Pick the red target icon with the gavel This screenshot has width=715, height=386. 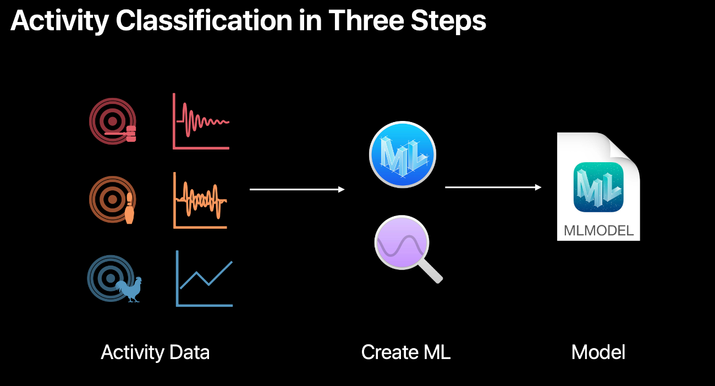coord(113,122)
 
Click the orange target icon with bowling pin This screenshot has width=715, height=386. coord(113,199)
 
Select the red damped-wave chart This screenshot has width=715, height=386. coord(201,121)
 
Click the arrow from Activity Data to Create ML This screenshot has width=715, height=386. coord(297,189)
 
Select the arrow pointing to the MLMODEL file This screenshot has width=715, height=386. coord(493,188)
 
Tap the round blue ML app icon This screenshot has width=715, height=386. coord(403,154)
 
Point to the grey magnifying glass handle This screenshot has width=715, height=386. coord(432,271)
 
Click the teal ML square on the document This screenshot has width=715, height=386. coord(598,188)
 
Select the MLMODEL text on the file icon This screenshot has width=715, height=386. coord(599,230)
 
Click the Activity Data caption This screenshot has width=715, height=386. coord(155,352)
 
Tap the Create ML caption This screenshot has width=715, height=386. coord(406,352)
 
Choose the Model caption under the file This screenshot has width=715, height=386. coord(598,352)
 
